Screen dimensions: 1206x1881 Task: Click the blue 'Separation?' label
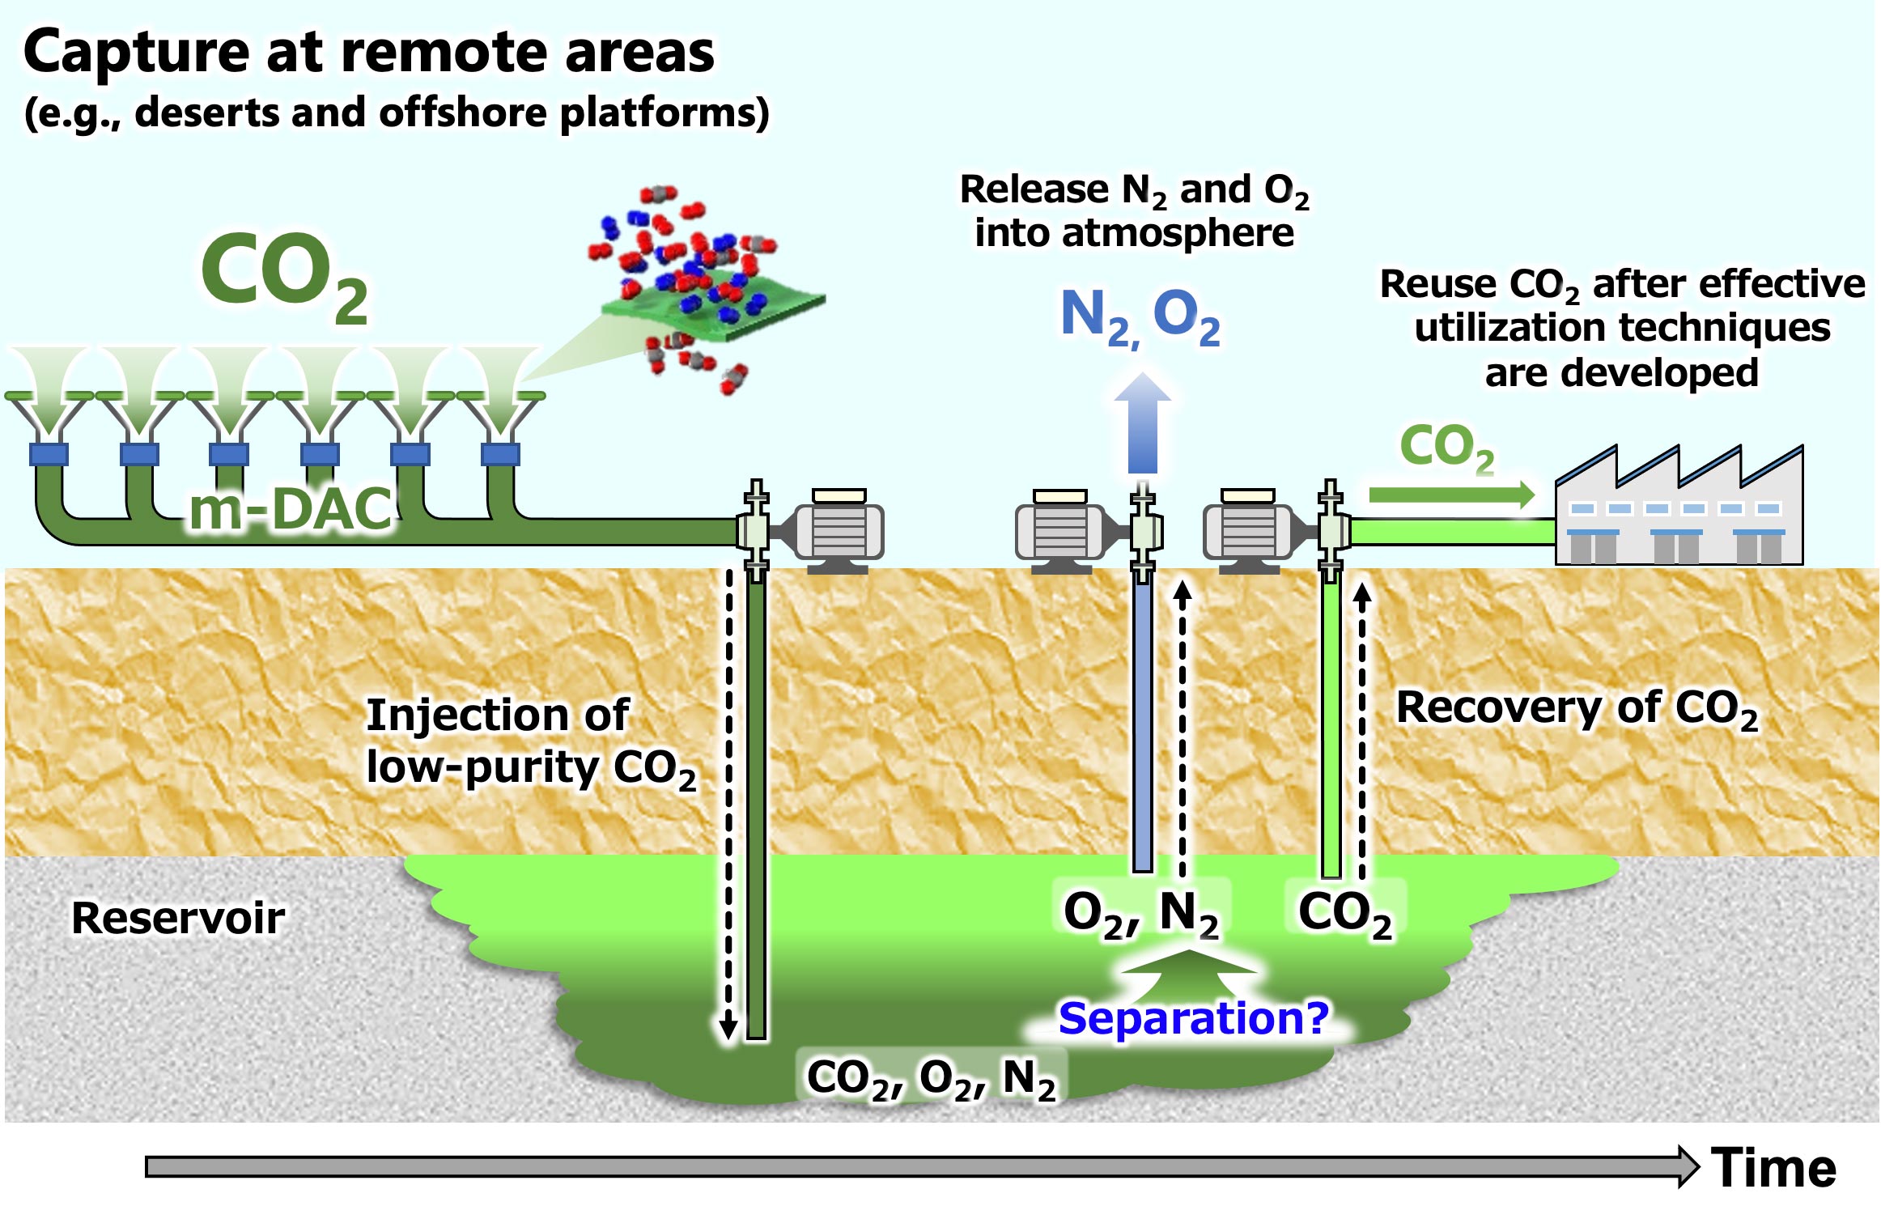[1193, 1017]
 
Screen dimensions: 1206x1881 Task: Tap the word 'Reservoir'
[178, 918]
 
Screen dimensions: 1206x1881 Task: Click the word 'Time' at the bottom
[1773, 1168]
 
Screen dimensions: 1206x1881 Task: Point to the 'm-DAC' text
[291, 509]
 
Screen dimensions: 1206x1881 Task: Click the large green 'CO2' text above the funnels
[283, 275]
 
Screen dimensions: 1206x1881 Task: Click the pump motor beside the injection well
[839, 530]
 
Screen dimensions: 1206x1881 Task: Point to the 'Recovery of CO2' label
[1577, 708]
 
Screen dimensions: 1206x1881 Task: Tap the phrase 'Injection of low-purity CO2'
[530, 741]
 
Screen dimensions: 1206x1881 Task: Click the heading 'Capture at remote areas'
[369, 53]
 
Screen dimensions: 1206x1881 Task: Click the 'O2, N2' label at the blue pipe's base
[1140, 913]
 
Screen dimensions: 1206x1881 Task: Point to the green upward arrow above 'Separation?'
[1188, 971]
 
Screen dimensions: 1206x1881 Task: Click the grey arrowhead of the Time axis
[1688, 1166]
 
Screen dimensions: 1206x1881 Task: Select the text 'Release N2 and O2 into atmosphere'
[1134, 211]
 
